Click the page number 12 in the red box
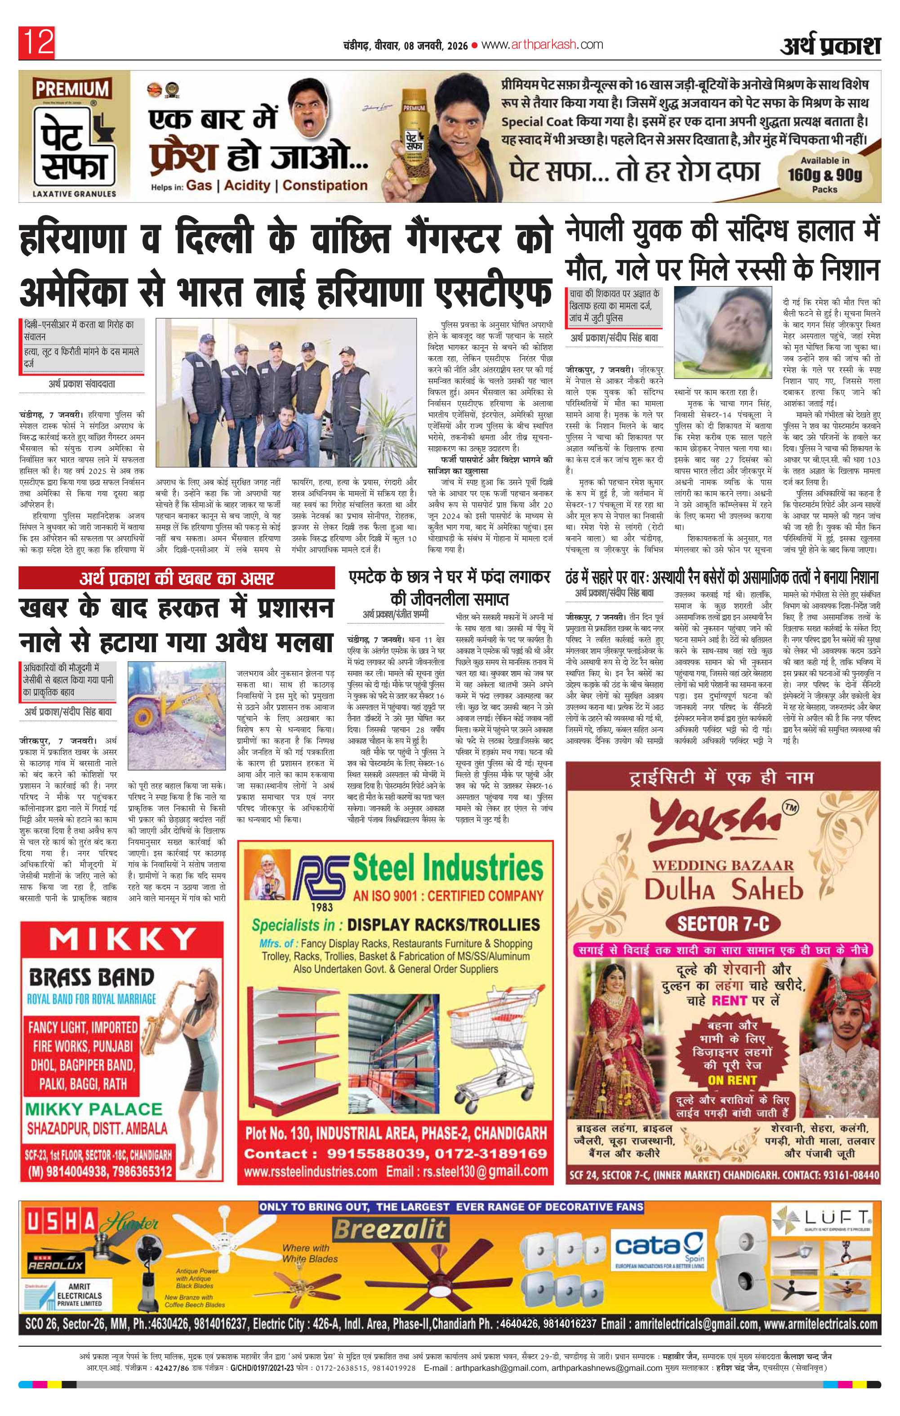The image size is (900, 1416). coord(38,42)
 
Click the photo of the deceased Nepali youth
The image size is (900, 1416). coord(723,335)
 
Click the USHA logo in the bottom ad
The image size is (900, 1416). coord(61,1224)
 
